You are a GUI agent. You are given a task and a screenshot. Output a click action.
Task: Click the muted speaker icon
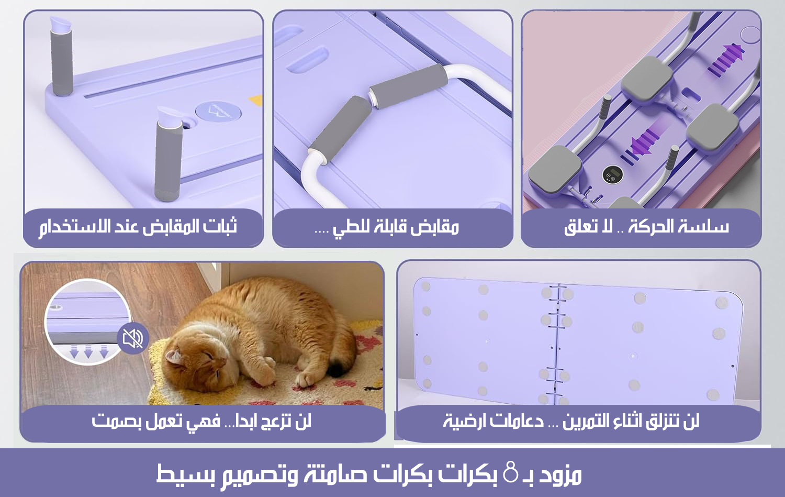133,338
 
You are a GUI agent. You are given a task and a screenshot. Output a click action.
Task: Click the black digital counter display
612,174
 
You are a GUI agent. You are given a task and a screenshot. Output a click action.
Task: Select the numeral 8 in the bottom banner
510,472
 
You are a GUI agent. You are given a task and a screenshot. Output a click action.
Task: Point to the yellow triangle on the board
256,101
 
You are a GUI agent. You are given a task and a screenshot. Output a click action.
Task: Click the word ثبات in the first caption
219,226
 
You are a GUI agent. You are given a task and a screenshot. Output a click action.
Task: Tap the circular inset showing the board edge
87,322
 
